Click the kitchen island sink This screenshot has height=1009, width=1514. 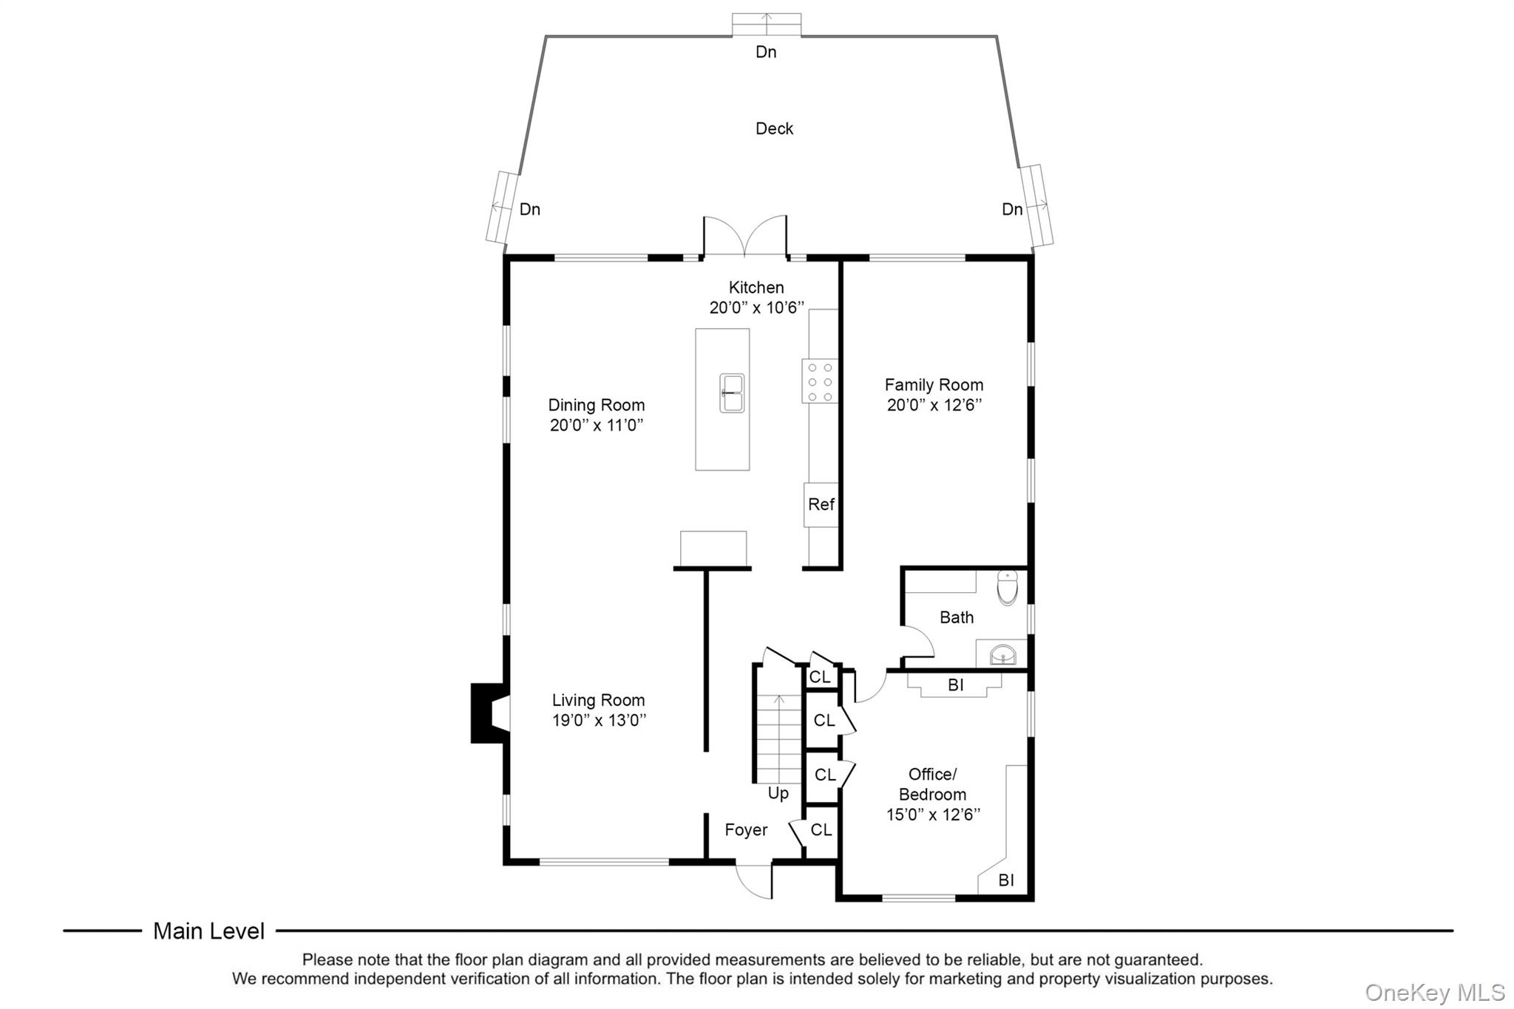(x=732, y=393)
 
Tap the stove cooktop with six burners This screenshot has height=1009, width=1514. (x=820, y=381)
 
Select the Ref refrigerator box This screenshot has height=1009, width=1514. (x=821, y=504)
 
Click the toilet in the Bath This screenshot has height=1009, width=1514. (x=1007, y=588)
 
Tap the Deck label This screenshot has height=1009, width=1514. (x=774, y=129)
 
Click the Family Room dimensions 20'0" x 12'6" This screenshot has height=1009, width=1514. (x=934, y=405)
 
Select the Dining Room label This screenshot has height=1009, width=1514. (x=596, y=405)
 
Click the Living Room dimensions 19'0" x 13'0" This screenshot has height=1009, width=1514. (x=599, y=720)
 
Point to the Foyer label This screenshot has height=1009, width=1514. (x=746, y=830)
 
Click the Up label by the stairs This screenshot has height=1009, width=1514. (x=778, y=793)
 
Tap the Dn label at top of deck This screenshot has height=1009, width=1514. (x=766, y=52)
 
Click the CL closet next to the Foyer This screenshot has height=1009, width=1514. (x=821, y=830)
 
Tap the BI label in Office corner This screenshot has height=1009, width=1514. (x=1005, y=880)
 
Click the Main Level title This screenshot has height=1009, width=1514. (x=208, y=931)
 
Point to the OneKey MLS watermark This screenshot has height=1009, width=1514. (x=1434, y=992)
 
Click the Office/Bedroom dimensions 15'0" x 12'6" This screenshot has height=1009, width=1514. (x=933, y=815)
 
